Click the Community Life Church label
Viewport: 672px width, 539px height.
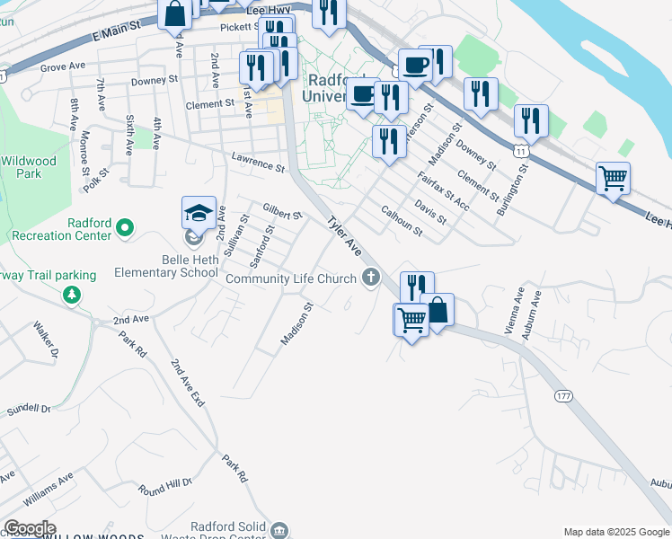point(291,278)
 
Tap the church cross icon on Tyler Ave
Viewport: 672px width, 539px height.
point(370,278)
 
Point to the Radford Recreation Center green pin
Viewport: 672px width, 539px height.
point(125,228)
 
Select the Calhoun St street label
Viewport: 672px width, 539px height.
point(402,221)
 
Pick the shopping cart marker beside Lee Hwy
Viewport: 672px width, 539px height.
point(613,178)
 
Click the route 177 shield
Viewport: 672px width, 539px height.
point(563,396)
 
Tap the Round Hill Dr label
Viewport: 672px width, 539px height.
point(165,486)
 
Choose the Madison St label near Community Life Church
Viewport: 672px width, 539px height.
point(296,323)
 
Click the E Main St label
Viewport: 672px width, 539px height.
point(118,34)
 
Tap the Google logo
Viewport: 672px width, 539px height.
point(29,528)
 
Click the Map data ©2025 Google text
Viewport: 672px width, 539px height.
point(617,532)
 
